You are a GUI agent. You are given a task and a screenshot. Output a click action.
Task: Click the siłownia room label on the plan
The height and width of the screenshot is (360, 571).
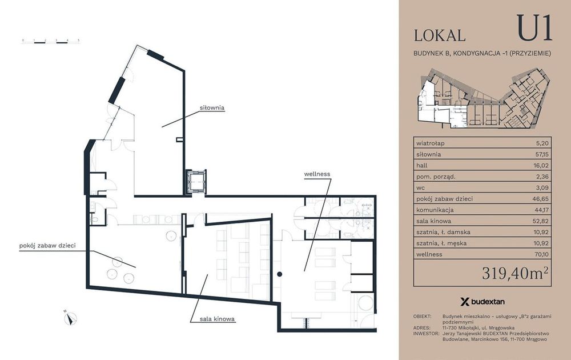pyautogui.click(x=212, y=108)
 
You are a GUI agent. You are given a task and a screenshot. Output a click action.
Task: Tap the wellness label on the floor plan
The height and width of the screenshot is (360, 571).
pyautogui.click(x=317, y=174)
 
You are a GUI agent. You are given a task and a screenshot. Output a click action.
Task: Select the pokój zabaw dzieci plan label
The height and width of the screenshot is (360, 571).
pyautogui.click(x=47, y=246)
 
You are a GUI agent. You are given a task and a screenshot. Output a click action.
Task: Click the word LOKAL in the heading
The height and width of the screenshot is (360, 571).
pyautogui.click(x=440, y=35)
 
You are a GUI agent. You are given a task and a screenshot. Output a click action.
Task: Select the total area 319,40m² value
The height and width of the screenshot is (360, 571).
pyautogui.click(x=515, y=273)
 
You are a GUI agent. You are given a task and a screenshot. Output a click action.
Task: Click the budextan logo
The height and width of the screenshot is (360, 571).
pyautogui.click(x=482, y=302)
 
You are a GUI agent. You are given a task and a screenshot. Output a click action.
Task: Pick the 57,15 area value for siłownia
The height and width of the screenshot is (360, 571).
pyautogui.click(x=542, y=154)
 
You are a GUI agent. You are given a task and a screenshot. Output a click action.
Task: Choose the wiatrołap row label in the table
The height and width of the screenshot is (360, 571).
pyautogui.click(x=430, y=143)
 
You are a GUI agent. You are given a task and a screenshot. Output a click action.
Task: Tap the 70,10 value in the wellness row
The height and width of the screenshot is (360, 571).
pyautogui.click(x=541, y=254)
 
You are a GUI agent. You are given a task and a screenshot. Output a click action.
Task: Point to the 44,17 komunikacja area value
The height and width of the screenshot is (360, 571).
pyautogui.click(x=541, y=210)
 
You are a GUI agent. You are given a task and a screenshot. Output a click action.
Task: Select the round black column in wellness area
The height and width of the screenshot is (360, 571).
pyautogui.click(x=279, y=274)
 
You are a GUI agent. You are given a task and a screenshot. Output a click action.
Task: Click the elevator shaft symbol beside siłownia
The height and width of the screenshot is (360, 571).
pyautogui.click(x=196, y=182)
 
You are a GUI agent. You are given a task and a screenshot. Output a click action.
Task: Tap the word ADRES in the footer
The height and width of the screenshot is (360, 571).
pyautogui.click(x=422, y=327)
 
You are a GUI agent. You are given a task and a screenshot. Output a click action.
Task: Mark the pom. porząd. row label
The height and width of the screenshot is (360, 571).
pyautogui.click(x=436, y=177)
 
